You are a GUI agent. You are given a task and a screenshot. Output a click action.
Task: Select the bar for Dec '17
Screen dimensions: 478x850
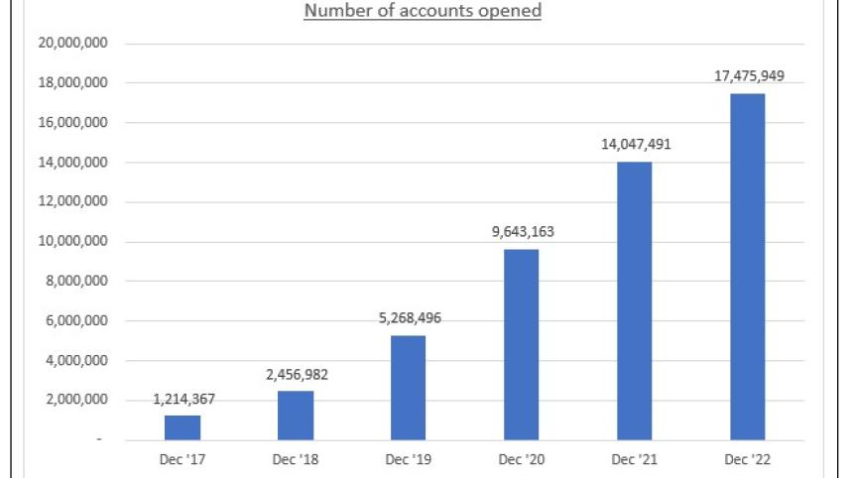182,427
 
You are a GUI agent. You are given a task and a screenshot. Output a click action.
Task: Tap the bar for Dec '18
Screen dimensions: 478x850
296,416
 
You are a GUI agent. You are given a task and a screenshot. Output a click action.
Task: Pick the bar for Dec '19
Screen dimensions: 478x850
408,388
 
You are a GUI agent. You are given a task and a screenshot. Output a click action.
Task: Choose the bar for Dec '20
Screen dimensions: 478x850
522,344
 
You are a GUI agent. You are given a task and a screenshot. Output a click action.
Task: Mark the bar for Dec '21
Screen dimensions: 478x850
635,300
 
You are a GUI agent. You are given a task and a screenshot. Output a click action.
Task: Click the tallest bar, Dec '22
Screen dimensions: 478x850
748,267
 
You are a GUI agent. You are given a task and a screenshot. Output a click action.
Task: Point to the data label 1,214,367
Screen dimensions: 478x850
183,400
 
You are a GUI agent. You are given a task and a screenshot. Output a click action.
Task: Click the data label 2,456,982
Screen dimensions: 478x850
297,375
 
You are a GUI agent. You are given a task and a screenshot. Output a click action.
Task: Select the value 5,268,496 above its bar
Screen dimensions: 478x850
409,319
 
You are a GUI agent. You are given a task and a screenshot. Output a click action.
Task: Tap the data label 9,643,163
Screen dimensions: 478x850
522,232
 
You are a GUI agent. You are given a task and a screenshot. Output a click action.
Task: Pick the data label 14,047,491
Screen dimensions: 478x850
635,145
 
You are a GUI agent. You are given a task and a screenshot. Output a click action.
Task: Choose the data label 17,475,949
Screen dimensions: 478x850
749,75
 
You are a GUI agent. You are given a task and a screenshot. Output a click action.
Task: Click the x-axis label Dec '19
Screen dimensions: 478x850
409,460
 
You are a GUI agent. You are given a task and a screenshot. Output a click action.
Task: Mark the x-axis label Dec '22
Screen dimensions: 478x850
749,460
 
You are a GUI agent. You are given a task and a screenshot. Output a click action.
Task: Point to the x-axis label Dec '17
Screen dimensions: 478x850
182,460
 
